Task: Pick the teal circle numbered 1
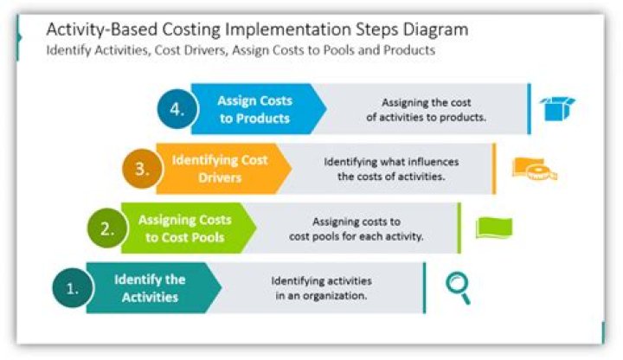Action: point(73,290)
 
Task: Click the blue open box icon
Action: point(556,109)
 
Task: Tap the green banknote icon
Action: point(494,228)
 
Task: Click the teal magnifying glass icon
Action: point(458,287)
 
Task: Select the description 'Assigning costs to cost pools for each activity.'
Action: point(356,228)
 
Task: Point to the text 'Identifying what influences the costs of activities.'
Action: point(391,169)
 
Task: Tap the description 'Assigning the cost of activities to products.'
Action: point(427,109)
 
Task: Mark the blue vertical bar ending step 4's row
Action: point(529,109)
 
